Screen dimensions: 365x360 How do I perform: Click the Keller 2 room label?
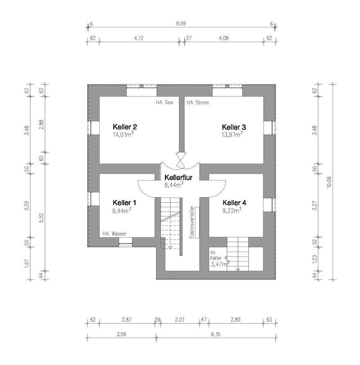125,127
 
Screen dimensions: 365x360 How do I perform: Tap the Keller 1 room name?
124,203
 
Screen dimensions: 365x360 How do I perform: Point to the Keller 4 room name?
234,203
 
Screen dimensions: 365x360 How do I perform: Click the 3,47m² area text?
220,264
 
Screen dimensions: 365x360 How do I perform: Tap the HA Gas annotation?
165,103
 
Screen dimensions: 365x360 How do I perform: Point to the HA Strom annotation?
198,103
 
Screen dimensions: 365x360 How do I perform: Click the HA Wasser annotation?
114,233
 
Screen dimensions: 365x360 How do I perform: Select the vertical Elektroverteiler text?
192,223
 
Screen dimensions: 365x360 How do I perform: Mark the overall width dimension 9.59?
181,24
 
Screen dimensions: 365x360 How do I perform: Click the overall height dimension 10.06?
329,181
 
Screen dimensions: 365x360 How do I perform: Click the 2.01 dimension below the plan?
180,320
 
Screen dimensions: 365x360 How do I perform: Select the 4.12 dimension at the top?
139,38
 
